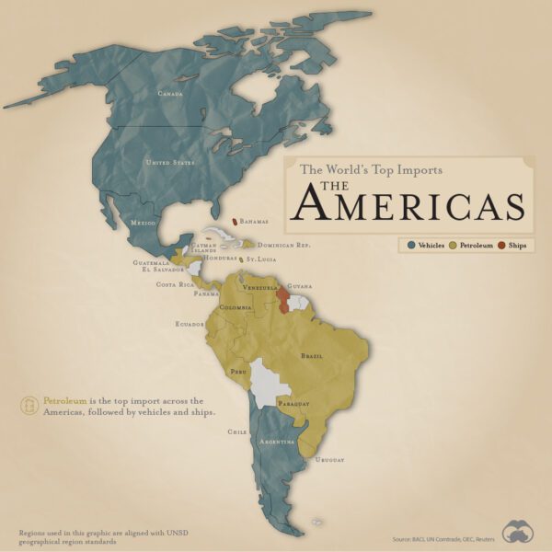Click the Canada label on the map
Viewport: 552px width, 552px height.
point(170,94)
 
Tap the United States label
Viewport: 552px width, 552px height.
point(170,163)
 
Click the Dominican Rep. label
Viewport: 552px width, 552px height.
point(283,246)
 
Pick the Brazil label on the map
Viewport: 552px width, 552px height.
point(313,355)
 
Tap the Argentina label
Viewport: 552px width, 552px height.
point(276,442)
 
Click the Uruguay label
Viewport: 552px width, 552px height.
point(329,459)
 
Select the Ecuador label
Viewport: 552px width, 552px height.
point(190,324)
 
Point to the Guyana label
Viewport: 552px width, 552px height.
point(300,287)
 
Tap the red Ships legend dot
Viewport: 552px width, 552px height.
point(501,246)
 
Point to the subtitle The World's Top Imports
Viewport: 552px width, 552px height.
point(372,169)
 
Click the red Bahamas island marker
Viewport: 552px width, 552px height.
point(235,221)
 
